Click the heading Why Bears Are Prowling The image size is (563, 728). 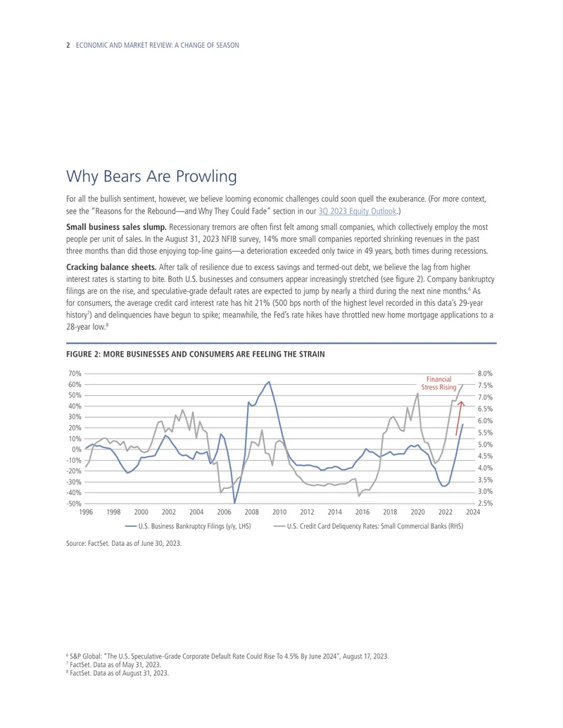click(151, 177)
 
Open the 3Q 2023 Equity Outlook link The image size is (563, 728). click(358, 211)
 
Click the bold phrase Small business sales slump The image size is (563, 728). click(116, 227)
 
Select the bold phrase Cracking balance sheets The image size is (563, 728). click(111, 267)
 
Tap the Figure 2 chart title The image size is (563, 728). click(196, 355)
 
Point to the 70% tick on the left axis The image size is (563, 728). click(75, 373)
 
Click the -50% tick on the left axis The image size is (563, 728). click(74, 504)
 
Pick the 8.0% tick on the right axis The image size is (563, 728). click(485, 373)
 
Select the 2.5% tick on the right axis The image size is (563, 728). click(485, 504)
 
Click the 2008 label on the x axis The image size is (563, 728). click(252, 512)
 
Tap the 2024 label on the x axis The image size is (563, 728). click(473, 512)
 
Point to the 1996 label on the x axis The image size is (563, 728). click(86, 512)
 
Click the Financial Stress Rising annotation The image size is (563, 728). click(439, 383)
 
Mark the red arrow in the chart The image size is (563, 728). click(459, 419)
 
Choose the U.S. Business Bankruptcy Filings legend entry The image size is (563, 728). click(188, 527)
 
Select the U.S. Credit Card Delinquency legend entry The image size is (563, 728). click(368, 527)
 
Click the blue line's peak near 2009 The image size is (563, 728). click(269, 382)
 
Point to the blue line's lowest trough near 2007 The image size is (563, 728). click(234, 503)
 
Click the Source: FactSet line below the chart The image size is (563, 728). click(124, 543)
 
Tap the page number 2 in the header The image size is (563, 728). click(68, 45)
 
